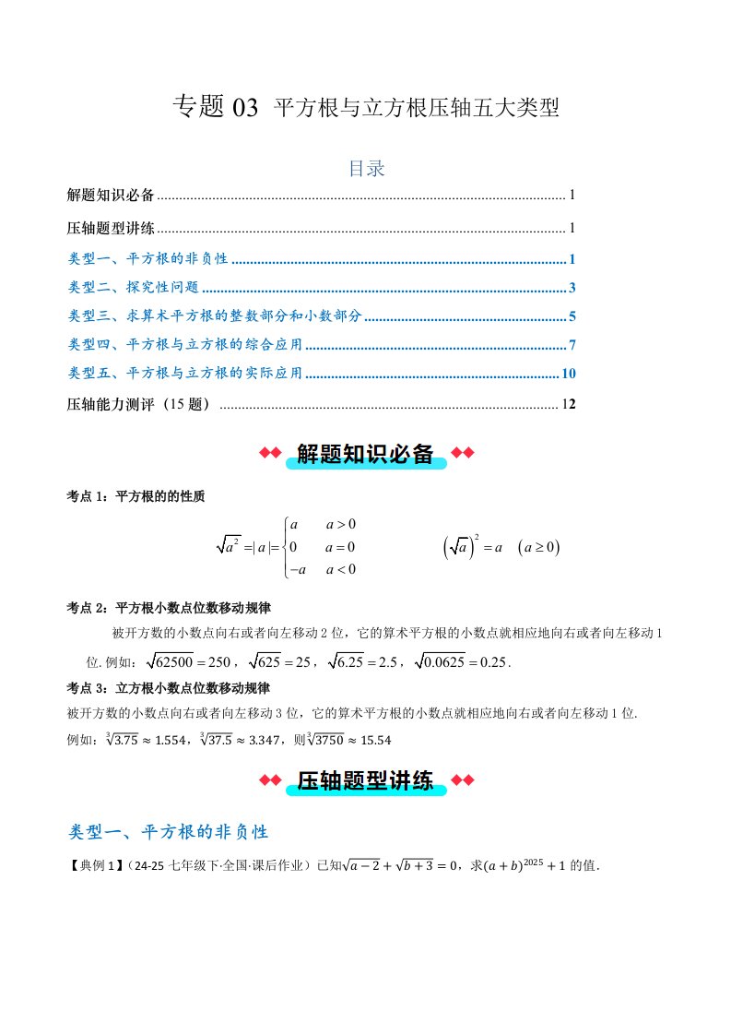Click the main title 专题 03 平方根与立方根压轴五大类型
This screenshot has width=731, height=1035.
pyautogui.click(x=366, y=108)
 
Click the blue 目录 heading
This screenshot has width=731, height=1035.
pyautogui.click(x=365, y=169)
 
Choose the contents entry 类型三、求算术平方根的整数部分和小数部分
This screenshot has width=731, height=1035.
pyautogui.click(x=217, y=316)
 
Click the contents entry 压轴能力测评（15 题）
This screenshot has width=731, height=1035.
pyautogui.click(x=140, y=404)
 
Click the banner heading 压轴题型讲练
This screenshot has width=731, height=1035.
pyautogui.click(x=365, y=781)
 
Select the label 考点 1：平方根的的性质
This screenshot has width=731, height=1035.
pyautogui.click(x=136, y=496)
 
